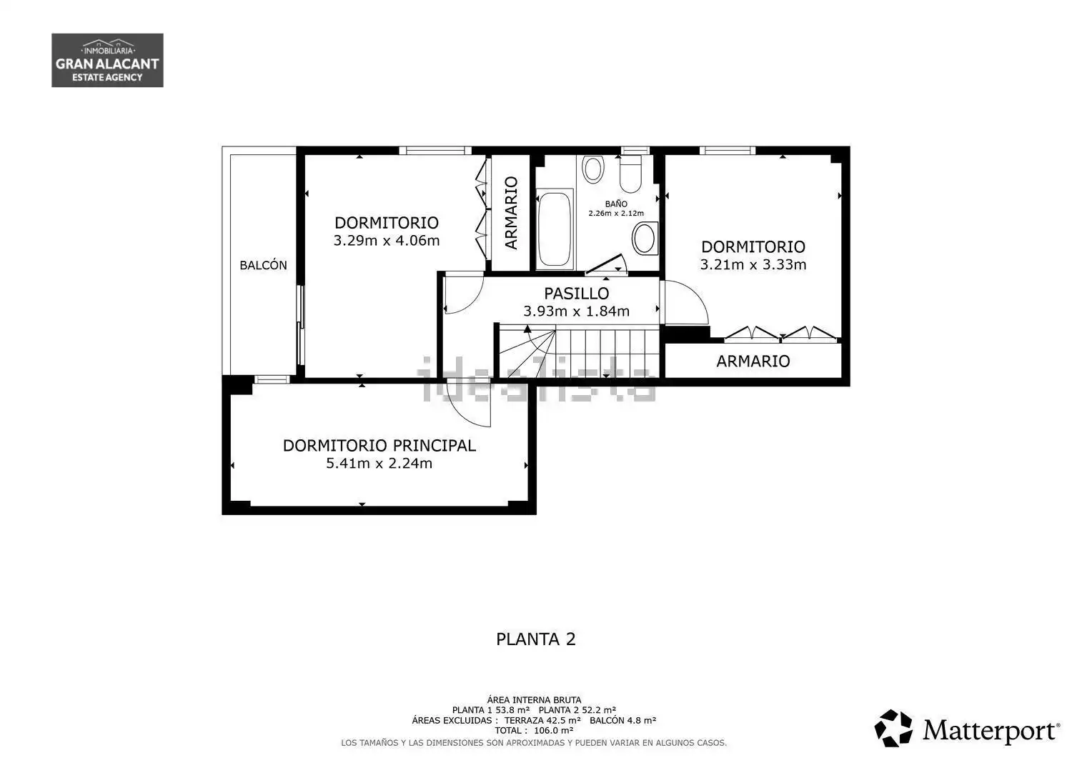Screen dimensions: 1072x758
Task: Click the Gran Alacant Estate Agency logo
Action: [107, 60]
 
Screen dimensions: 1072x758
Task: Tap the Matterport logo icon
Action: [893, 728]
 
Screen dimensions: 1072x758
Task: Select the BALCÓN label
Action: [263, 265]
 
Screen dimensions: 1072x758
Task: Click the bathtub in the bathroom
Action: [555, 229]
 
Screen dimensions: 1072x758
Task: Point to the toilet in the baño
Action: [630, 174]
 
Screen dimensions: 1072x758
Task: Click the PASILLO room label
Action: [576, 293]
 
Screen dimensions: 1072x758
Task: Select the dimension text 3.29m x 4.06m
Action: [387, 240]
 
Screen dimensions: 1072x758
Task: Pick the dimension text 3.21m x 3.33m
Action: [753, 264]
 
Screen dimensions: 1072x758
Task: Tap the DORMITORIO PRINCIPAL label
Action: [379, 446]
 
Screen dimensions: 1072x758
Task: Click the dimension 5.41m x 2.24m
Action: [379, 463]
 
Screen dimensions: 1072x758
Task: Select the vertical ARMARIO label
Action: [512, 213]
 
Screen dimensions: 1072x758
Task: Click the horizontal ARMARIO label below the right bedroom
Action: [753, 361]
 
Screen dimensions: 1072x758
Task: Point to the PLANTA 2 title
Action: [535, 639]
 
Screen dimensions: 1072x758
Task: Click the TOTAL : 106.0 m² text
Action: [534, 730]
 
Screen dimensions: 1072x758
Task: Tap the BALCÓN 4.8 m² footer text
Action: [622, 720]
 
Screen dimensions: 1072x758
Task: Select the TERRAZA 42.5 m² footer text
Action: [542, 720]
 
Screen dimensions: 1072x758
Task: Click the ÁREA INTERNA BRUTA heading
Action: [534, 699]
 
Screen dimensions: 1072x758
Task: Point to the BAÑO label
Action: [616, 204]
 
